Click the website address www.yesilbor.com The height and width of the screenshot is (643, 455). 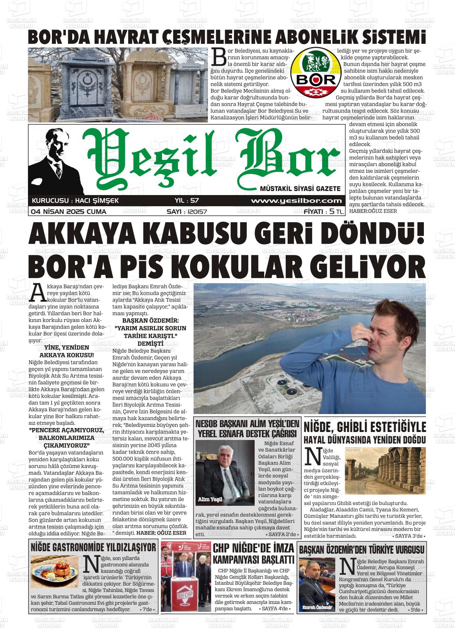coord(296,201)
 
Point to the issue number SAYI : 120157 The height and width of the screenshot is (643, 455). coord(186,212)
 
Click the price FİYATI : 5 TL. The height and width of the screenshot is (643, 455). coord(324,212)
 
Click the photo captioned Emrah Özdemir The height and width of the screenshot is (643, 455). coord(317,585)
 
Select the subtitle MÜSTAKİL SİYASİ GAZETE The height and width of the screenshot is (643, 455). coord(300,188)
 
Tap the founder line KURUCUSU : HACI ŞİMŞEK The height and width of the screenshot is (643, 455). coord(75,201)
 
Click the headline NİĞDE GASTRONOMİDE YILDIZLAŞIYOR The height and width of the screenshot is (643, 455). coord(93,547)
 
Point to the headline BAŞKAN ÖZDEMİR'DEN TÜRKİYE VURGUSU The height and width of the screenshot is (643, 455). coord(362,549)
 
